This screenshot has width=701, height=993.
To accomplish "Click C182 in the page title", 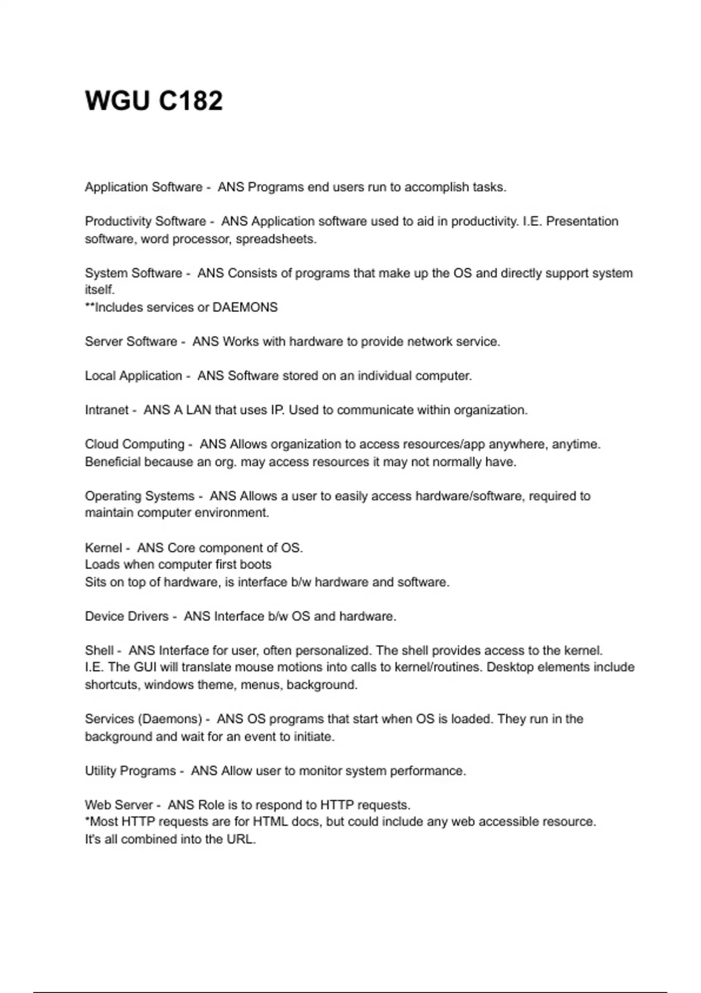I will (x=190, y=100).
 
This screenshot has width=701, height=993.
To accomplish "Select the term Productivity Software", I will (x=145, y=221).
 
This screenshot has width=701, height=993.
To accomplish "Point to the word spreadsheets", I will (x=276, y=239).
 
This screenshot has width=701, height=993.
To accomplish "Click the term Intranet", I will (x=106, y=410).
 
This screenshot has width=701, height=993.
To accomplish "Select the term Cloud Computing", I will (x=134, y=445).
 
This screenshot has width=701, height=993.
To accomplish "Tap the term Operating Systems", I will (x=140, y=496).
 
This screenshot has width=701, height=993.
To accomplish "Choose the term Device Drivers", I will (x=127, y=616).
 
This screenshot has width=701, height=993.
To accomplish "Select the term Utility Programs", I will (x=130, y=771).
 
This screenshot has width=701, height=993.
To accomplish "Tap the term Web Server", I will (x=119, y=805).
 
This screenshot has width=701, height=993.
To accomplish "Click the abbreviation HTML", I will (x=268, y=822).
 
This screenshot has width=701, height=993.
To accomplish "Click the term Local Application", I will (x=133, y=376).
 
